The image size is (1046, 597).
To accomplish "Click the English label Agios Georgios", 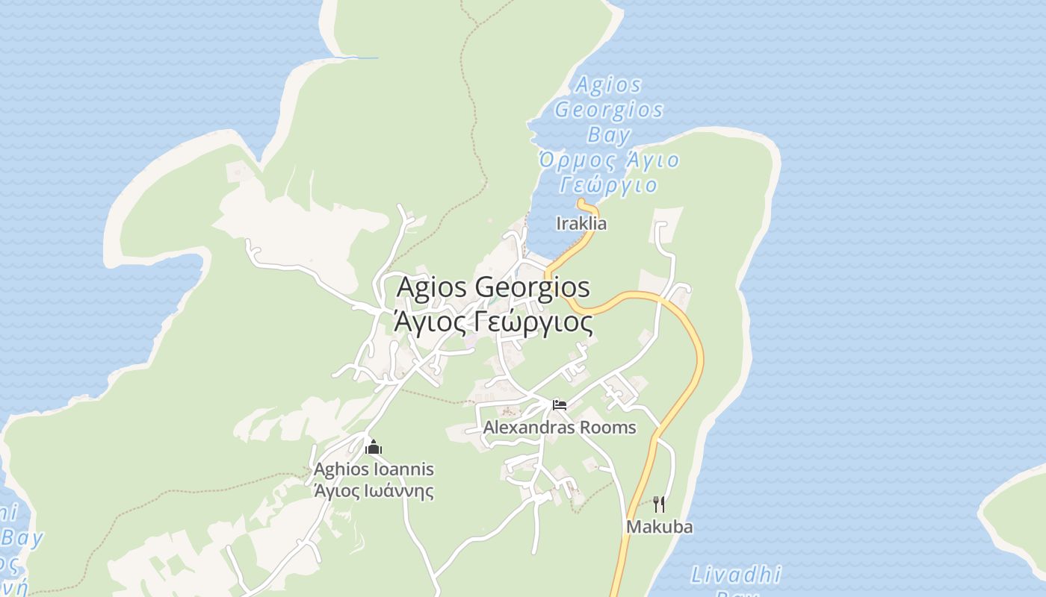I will pyautogui.click(x=493, y=287).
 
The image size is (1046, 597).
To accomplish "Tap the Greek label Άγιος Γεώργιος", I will pyautogui.click(x=493, y=323).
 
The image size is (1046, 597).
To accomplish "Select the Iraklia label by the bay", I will pyautogui.click(x=581, y=223).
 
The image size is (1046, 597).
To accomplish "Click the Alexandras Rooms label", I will pyautogui.click(x=559, y=428).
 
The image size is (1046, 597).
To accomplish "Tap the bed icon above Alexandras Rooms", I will pyautogui.click(x=560, y=405).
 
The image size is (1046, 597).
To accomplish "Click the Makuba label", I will pyautogui.click(x=659, y=527).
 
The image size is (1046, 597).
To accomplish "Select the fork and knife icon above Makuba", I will pyautogui.click(x=658, y=504).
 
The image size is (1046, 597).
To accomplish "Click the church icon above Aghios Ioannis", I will pyautogui.click(x=374, y=448).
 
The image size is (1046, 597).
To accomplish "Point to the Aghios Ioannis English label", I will pyautogui.click(x=374, y=469).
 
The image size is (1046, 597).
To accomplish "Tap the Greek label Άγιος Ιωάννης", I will pyautogui.click(x=374, y=491).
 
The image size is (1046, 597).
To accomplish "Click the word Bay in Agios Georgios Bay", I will pyautogui.click(x=609, y=135).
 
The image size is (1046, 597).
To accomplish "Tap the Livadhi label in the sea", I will pyautogui.click(x=735, y=575).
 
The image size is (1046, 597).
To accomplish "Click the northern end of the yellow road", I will pyautogui.click(x=581, y=201).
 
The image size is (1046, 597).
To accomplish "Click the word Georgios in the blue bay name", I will pyautogui.click(x=609, y=110).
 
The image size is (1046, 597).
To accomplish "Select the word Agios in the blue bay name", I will pyautogui.click(x=609, y=85).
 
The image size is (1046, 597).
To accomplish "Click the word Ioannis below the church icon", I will pyautogui.click(x=405, y=469).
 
